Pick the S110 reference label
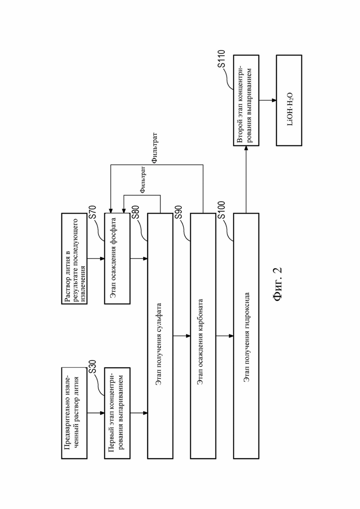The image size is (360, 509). click(x=222, y=59)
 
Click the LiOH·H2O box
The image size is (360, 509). click(x=289, y=100)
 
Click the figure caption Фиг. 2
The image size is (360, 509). click(x=278, y=284)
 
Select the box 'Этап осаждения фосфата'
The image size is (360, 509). click(x=117, y=258)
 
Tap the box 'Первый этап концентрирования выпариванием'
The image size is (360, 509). click(x=117, y=413)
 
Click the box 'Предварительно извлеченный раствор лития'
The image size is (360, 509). click(x=74, y=413)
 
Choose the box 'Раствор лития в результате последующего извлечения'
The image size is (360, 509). click(x=74, y=258)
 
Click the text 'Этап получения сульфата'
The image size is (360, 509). click(x=159, y=344)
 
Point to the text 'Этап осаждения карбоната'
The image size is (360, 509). click(x=202, y=342)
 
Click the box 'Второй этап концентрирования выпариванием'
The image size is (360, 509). click(x=246, y=100)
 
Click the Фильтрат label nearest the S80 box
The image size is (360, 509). click(x=143, y=180)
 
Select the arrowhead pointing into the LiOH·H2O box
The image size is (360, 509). click(x=274, y=100)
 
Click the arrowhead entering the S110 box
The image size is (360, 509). click(x=246, y=148)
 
